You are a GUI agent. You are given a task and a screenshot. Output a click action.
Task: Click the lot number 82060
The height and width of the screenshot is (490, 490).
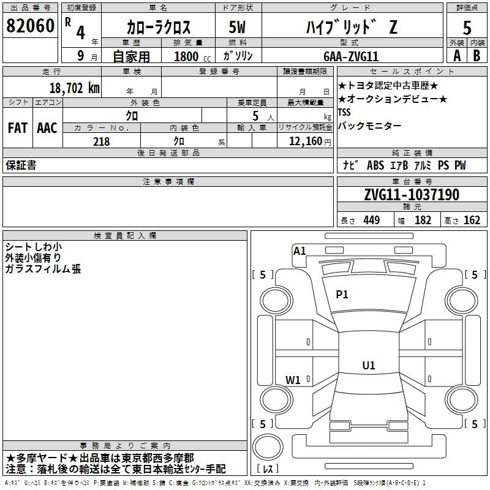click(30, 26)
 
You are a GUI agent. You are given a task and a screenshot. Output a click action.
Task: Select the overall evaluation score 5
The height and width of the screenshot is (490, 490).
click(467, 28)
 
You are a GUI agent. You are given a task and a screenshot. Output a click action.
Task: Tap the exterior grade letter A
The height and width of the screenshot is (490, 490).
click(457, 56)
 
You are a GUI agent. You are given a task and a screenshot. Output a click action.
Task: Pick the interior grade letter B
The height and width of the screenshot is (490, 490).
click(477, 56)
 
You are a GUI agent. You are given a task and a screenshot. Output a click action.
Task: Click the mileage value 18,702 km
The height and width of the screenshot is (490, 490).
click(75, 88)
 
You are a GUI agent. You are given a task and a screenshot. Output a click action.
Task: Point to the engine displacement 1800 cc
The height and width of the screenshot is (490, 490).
click(192, 56)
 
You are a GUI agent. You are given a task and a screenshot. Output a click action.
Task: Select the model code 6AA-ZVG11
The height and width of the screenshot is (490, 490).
click(351, 56)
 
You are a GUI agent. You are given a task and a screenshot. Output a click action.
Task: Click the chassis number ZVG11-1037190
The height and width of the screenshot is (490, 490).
click(412, 195)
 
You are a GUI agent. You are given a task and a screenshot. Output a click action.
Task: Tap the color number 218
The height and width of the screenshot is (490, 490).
click(102, 141)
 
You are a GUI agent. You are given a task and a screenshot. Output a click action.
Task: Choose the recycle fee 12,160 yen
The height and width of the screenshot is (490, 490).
click(310, 141)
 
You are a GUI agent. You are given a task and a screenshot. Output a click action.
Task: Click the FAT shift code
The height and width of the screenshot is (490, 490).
click(18, 128)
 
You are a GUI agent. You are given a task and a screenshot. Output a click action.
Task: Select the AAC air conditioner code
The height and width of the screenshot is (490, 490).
click(47, 128)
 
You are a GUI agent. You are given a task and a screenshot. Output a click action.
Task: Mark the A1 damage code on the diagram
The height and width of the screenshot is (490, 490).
click(300, 251)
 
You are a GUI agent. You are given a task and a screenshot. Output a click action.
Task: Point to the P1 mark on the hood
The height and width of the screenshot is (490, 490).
click(342, 294)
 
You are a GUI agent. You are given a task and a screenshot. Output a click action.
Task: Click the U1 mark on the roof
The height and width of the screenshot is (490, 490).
click(369, 365)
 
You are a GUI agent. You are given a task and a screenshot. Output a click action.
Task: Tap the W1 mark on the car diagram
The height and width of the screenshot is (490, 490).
click(293, 380)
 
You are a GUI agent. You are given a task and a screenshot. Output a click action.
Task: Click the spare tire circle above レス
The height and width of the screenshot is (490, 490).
click(268, 447)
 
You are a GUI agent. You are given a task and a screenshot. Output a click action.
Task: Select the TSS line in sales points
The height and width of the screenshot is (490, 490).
click(344, 112)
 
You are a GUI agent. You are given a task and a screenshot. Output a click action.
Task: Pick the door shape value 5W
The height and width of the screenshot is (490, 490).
click(237, 27)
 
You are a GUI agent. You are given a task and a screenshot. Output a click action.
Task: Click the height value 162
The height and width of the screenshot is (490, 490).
click(472, 220)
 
